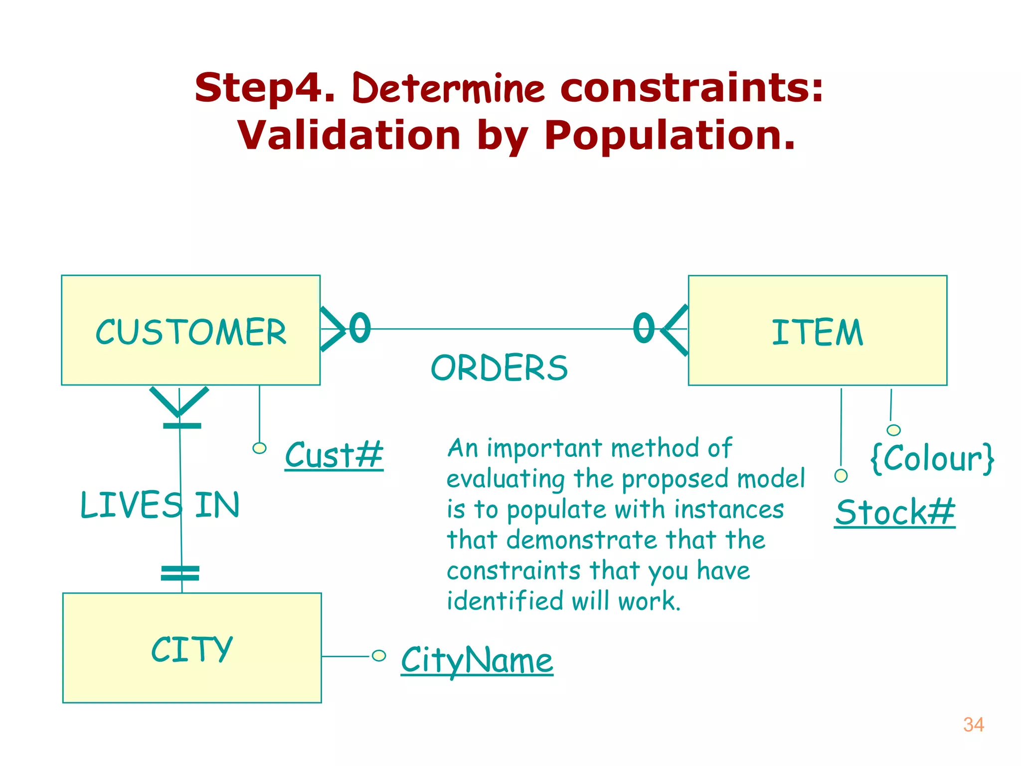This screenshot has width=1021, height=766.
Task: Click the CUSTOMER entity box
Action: (x=190, y=330)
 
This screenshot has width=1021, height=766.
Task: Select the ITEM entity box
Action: (x=817, y=330)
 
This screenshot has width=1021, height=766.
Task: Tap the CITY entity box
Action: (x=192, y=647)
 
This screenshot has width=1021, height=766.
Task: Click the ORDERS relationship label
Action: (x=499, y=368)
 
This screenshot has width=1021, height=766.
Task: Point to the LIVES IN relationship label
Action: (x=160, y=505)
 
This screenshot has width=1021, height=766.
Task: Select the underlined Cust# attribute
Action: (x=334, y=455)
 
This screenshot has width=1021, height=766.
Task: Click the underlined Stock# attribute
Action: (x=895, y=512)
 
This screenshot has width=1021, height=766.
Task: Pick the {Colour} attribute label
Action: (x=932, y=458)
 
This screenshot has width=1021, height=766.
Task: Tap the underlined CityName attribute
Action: (x=477, y=660)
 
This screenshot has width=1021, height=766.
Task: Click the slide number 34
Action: (x=973, y=725)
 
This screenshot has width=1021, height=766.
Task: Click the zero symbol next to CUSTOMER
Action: (x=360, y=328)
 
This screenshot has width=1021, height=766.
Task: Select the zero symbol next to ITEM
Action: (x=644, y=328)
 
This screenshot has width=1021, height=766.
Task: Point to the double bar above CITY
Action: (x=180, y=573)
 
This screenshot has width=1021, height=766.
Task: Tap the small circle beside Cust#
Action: (x=259, y=448)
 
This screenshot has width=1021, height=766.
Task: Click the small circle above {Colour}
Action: (x=893, y=430)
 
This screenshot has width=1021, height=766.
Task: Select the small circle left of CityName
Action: (x=379, y=655)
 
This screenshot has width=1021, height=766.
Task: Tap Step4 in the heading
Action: (x=264, y=88)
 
